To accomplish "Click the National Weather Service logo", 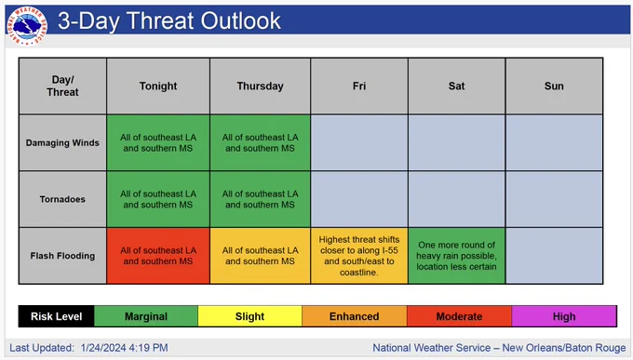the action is click(x=27, y=26).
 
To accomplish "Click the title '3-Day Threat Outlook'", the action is click(x=169, y=21).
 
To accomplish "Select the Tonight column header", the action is click(x=158, y=86).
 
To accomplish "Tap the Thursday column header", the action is click(x=260, y=86).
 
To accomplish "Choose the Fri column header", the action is click(x=359, y=86).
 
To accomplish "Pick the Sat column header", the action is click(x=456, y=86).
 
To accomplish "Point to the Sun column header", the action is click(x=554, y=86).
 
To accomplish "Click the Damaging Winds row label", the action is click(x=62, y=143).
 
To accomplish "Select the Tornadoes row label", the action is click(x=62, y=199).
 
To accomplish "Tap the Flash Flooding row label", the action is click(x=62, y=256).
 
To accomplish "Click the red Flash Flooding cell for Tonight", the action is click(x=158, y=256).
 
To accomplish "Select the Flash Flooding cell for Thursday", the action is click(x=260, y=256).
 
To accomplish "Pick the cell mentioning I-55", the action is click(x=359, y=256).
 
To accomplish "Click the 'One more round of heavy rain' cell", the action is click(x=456, y=256).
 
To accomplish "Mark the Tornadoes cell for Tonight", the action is click(x=158, y=199).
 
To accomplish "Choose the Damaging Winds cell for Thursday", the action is click(x=260, y=143).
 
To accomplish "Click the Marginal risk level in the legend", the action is click(x=146, y=316).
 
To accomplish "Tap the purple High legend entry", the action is click(x=564, y=316).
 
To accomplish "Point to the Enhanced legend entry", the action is click(x=354, y=316).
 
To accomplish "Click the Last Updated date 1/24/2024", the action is click(x=103, y=348).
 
